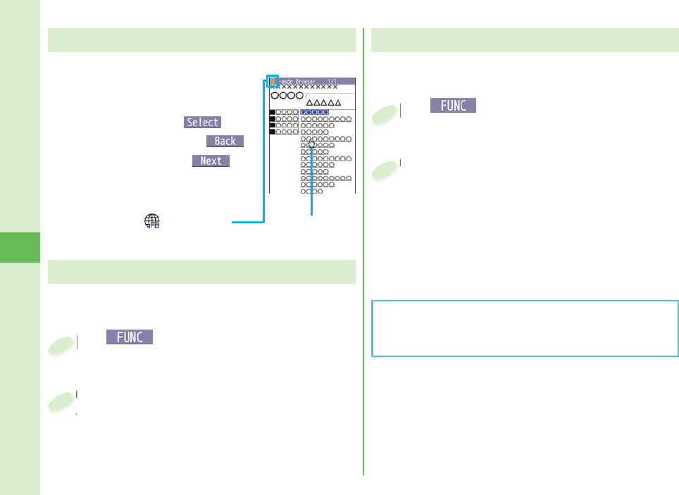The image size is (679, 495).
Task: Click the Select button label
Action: tap(202, 122)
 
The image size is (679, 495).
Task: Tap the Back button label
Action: tap(225, 141)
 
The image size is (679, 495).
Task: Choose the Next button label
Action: tap(211, 161)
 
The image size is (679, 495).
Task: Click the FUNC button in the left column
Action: tap(130, 337)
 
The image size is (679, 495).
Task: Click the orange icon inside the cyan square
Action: tap(273, 81)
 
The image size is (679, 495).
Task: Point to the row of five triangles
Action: tap(324, 103)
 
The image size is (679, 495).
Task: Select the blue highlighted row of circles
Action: tap(315, 112)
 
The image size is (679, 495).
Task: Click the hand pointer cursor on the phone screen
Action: tap(311, 144)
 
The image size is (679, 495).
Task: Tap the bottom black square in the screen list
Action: tap(273, 132)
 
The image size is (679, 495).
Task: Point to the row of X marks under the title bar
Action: tap(307, 87)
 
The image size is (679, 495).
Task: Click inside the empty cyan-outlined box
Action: tap(524, 329)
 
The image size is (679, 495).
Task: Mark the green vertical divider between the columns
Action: tap(363, 253)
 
